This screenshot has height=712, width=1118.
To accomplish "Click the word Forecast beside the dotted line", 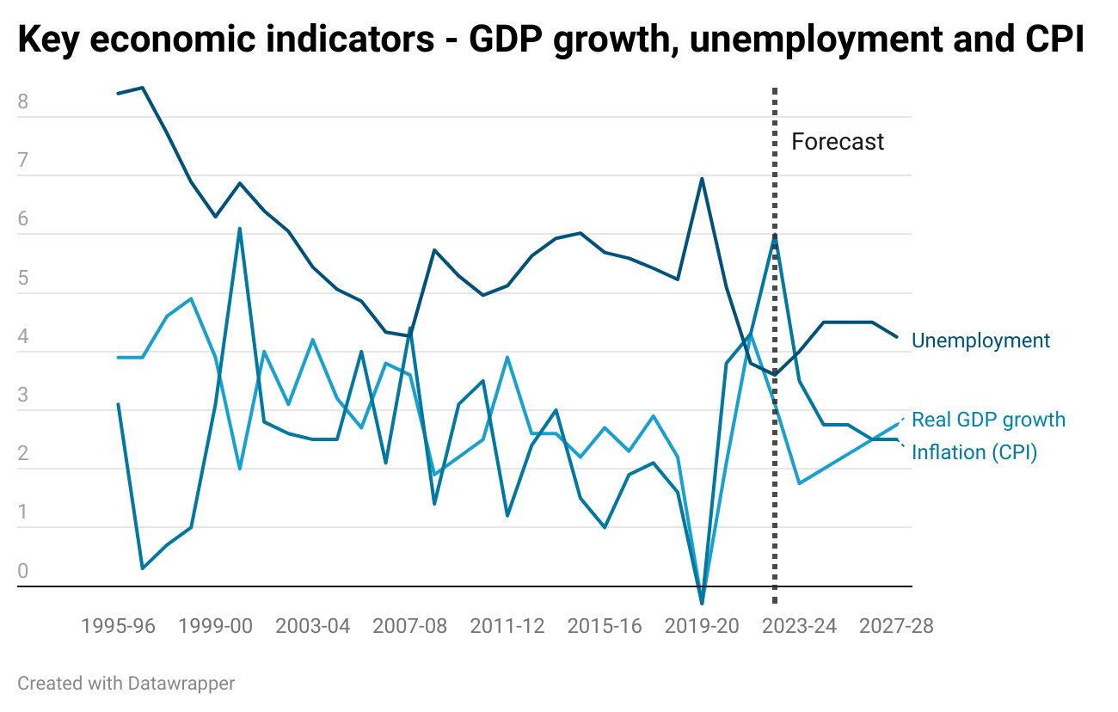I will [837, 142].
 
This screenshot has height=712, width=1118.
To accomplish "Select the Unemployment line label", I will [980, 341].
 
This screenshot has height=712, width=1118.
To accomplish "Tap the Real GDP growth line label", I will [988, 420].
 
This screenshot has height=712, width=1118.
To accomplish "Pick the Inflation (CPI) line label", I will [974, 452].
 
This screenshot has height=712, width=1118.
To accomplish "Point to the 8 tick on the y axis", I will [23, 102].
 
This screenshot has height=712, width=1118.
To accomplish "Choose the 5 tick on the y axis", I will [23, 279].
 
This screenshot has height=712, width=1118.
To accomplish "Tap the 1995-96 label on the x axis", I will [119, 626].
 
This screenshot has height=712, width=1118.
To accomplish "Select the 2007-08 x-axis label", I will [410, 626].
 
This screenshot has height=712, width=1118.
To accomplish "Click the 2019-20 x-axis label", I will [702, 626].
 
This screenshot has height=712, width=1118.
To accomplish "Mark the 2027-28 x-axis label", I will [896, 626].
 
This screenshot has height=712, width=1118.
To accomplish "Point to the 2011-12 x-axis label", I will [507, 626].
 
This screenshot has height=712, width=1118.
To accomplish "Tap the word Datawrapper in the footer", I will [181, 684].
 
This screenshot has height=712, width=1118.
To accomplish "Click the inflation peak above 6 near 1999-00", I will [240, 229].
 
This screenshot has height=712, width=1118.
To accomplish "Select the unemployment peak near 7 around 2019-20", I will [702, 179].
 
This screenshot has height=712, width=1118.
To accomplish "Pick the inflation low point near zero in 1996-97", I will [143, 568].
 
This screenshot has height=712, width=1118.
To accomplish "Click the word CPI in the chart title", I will [1054, 41].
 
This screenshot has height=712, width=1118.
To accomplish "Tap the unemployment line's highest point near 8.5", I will [143, 88].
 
